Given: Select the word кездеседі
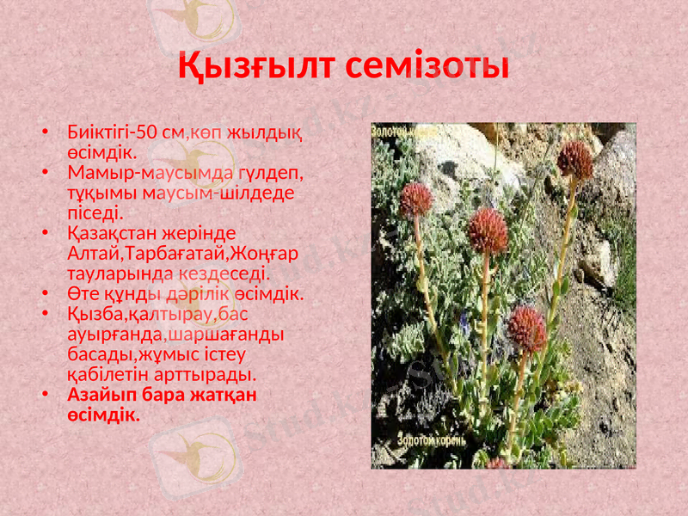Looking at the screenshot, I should [x=227, y=273].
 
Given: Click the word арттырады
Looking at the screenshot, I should [x=206, y=375].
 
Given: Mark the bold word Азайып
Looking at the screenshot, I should [x=101, y=396].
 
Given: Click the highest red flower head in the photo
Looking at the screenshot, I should [x=574, y=159].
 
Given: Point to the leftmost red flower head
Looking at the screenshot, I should [x=416, y=200].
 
